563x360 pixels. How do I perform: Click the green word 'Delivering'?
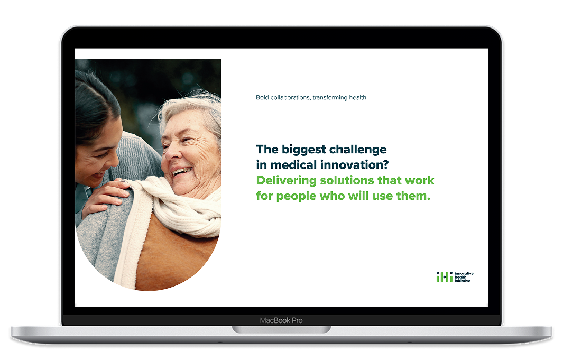coord(287,181)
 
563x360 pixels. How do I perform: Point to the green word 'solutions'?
coord(347,180)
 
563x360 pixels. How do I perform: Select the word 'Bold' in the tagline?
coord(262,97)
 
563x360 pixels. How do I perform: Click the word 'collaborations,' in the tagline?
coord(290,97)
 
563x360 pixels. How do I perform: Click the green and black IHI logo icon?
coord(444,276)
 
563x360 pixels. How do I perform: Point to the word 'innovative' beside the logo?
coord(464,273)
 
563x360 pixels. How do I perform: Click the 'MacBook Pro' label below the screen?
coord(281,320)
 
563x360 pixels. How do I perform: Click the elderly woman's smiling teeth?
coord(181,171)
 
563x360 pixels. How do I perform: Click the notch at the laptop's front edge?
coord(281,329)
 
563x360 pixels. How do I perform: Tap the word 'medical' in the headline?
coord(293,165)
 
